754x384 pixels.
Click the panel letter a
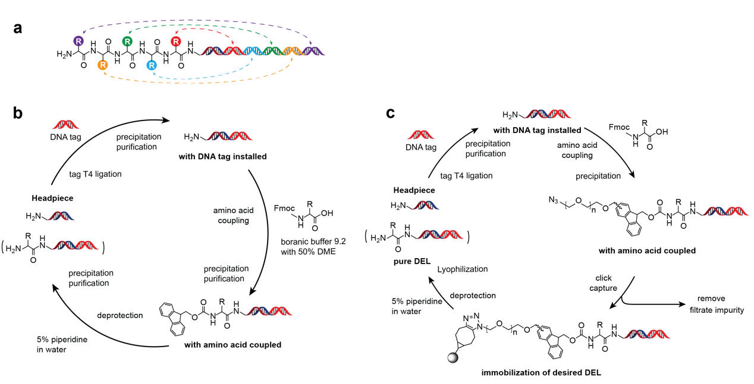tap(18, 28)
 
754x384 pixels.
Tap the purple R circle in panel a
tap(78, 41)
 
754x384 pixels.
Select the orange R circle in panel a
tap(103, 65)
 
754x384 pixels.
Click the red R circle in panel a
tap(176, 41)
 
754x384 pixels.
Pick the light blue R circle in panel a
tap(152, 65)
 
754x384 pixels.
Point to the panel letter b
tap(18, 113)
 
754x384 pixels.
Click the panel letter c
tap(391, 113)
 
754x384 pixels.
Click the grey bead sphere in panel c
tap(454, 360)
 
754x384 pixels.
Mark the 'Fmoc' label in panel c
tap(620, 127)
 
